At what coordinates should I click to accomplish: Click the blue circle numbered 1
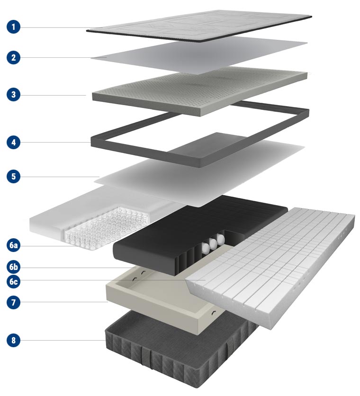[x=13, y=27]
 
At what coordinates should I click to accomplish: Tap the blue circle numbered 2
[x=13, y=58]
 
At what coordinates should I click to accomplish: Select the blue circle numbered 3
[x=13, y=94]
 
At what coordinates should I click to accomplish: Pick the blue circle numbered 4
[x=13, y=142]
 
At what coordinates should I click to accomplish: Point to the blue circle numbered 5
[x=13, y=176]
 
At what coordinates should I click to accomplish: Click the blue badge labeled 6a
[x=13, y=245]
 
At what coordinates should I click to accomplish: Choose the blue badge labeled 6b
[x=13, y=267]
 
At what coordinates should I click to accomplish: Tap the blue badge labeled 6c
[x=13, y=281]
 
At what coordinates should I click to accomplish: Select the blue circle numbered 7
[x=13, y=302]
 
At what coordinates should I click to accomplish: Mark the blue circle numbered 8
[x=13, y=340]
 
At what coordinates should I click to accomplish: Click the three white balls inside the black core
[x=213, y=243]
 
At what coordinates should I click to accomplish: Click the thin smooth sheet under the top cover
[x=199, y=55]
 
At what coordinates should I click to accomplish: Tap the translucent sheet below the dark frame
[x=199, y=174]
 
